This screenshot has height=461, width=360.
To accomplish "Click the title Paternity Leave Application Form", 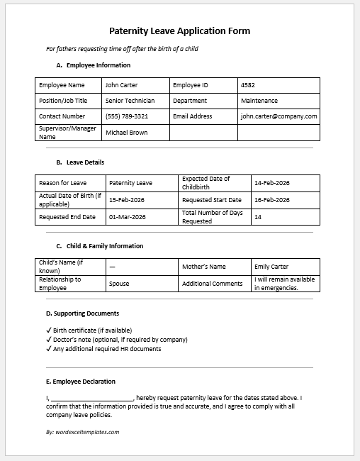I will (x=179, y=31).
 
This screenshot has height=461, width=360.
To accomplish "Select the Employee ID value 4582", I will (x=248, y=85).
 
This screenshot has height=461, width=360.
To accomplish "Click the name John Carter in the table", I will (x=121, y=85).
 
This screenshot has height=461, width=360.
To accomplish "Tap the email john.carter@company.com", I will (x=279, y=116).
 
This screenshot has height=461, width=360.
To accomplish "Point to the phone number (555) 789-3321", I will (x=127, y=116).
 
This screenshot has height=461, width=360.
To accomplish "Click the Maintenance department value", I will (x=259, y=101).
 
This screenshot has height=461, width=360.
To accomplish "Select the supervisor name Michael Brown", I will (x=127, y=133).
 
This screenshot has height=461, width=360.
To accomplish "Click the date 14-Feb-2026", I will (x=271, y=183).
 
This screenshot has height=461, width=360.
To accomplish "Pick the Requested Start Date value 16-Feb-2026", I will (x=271, y=201).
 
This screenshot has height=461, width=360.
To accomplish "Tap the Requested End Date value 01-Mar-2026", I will (x=127, y=217).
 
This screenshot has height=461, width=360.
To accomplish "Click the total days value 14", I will (x=258, y=217).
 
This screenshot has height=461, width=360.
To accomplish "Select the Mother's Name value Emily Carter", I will (x=271, y=267).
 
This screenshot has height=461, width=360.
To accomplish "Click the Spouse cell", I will (x=119, y=284).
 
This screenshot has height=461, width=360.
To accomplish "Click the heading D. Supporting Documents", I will (x=82, y=313).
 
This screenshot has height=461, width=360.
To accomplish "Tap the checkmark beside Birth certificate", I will (x=48, y=331).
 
